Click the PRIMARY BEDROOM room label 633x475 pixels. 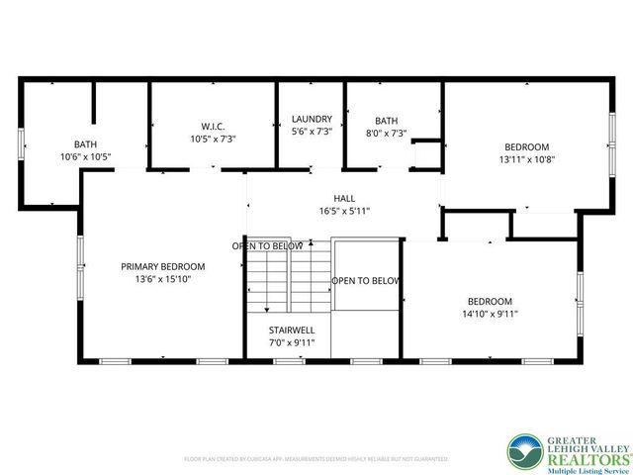(162, 266)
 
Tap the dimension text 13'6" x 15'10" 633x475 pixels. (162, 280)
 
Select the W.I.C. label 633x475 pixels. (213, 126)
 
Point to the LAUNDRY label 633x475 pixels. (312, 120)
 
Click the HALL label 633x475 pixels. (343, 198)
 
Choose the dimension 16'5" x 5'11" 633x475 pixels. (343, 211)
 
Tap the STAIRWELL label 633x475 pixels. (291, 330)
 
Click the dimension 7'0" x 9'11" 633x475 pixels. (291, 342)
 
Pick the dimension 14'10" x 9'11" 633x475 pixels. (489, 315)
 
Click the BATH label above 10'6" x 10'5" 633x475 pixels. (85, 144)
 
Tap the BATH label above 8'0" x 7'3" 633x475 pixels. (386, 120)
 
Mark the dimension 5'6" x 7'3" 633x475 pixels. (312, 132)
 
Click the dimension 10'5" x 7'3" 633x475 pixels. (213, 139)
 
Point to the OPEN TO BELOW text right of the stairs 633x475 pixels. (365, 281)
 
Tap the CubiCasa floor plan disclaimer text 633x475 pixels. (316, 459)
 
